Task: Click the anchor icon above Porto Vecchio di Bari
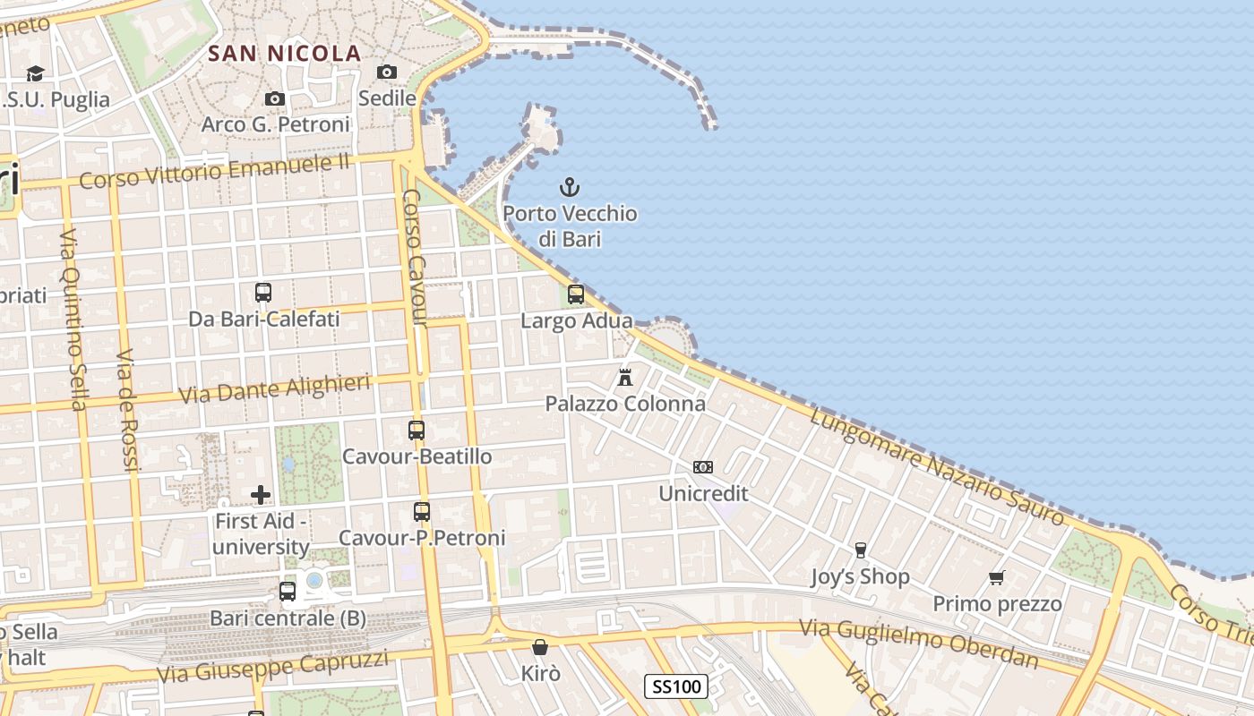(x=570, y=187)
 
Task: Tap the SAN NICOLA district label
(x=284, y=54)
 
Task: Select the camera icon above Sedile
(x=387, y=72)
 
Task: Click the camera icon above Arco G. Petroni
(x=275, y=98)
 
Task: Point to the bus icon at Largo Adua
(x=576, y=294)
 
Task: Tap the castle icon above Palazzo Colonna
(x=625, y=377)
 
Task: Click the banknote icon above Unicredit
(x=703, y=467)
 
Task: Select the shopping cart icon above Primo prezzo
(x=996, y=577)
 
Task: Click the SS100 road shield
(x=676, y=686)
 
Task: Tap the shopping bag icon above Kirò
(x=540, y=646)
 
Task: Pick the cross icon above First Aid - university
(x=261, y=494)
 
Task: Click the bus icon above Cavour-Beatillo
(x=417, y=430)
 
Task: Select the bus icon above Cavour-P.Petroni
(x=422, y=512)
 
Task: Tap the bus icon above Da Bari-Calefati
(x=263, y=292)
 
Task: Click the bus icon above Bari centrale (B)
(x=288, y=591)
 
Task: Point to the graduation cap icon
(x=35, y=73)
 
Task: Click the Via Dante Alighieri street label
(x=275, y=389)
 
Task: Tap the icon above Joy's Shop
(x=861, y=550)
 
